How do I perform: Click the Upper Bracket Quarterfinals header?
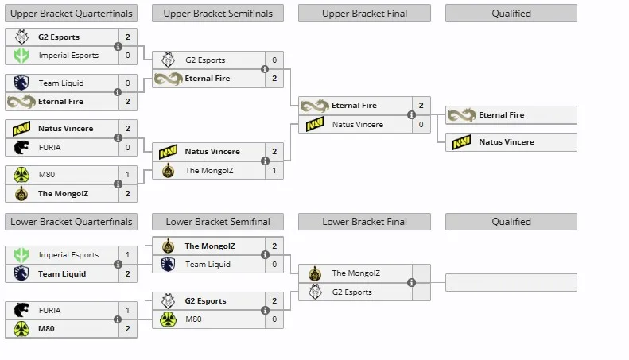(x=71, y=14)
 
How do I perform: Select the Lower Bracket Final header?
(x=364, y=222)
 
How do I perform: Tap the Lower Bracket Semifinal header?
(x=218, y=222)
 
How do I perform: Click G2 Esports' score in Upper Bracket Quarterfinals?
(x=127, y=37)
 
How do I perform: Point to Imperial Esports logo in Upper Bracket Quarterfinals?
(x=21, y=56)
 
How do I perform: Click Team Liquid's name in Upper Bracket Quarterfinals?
(x=61, y=83)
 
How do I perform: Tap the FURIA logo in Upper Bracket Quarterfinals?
(x=21, y=147)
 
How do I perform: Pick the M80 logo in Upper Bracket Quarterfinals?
(x=21, y=174)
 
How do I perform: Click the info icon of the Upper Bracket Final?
(x=411, y=115)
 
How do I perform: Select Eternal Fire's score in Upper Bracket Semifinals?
(x=274, y=79)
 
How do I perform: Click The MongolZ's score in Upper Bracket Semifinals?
(x=274, y=170)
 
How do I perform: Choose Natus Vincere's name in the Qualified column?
(x=507, y=142)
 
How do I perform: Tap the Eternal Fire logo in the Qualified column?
(x=462, y=115)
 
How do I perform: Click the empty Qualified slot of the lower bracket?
(x=511, y=283)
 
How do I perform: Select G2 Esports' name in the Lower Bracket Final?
(x=351, y=292)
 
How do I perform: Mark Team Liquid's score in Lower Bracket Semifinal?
(x=274, y=264)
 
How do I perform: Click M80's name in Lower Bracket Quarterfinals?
(x=46, y=329)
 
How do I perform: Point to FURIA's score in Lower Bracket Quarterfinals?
(x=127, y=310)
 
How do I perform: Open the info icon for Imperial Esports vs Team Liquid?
(x=118, y=264)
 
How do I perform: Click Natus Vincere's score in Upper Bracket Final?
(x=421, y=124)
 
